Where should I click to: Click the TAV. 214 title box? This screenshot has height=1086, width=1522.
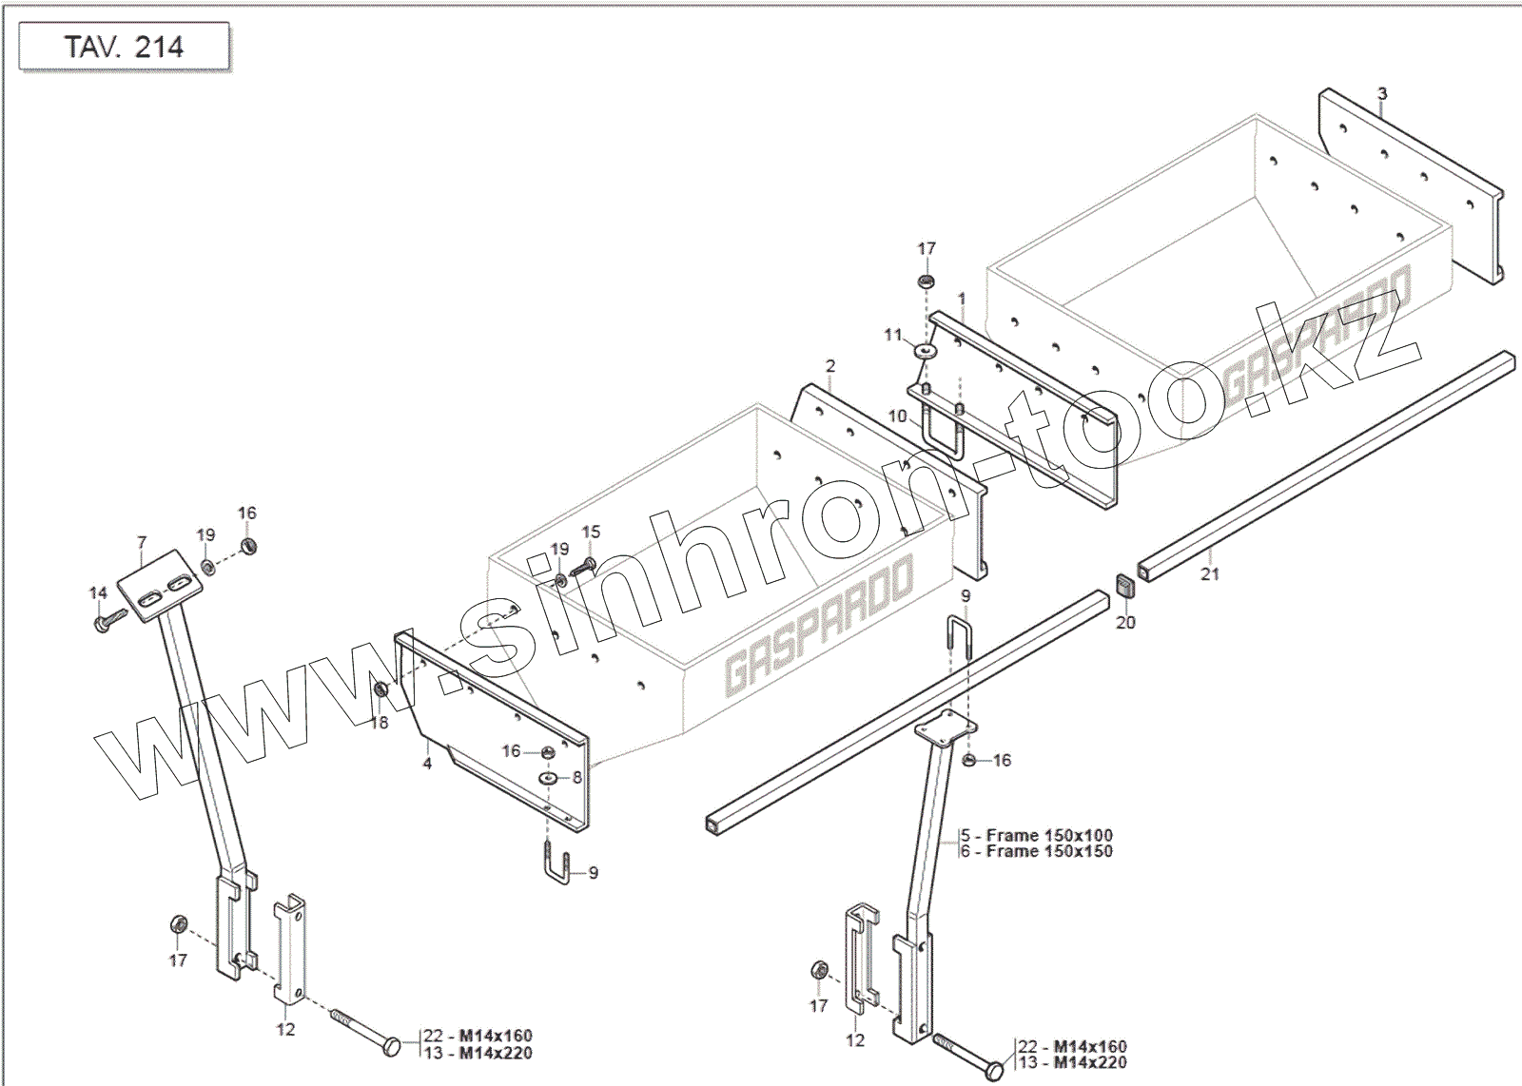tap(124, 47)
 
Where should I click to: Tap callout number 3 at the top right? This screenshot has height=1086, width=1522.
tap(1382, 94)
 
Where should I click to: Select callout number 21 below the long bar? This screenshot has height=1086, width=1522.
tap(1209, 573)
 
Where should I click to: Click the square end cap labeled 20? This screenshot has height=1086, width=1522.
tap(1125, 586)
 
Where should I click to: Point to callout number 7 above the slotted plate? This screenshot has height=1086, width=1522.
tap(142, 543)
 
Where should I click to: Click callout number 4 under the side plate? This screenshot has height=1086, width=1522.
tap(427, 763)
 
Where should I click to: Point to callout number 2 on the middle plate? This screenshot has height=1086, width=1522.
tap(830, 366)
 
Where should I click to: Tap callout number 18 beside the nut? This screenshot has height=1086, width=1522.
tap(380, 723)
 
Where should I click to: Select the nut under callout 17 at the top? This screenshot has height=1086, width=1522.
tap(926, 281)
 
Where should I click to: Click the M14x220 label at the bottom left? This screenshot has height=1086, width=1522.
tap(495, 1053)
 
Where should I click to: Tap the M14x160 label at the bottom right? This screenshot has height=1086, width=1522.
tap(1090, 1047)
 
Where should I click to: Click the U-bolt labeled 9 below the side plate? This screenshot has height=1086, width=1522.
tap(557, 867)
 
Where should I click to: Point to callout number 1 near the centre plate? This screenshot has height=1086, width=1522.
tap(962, 299)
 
